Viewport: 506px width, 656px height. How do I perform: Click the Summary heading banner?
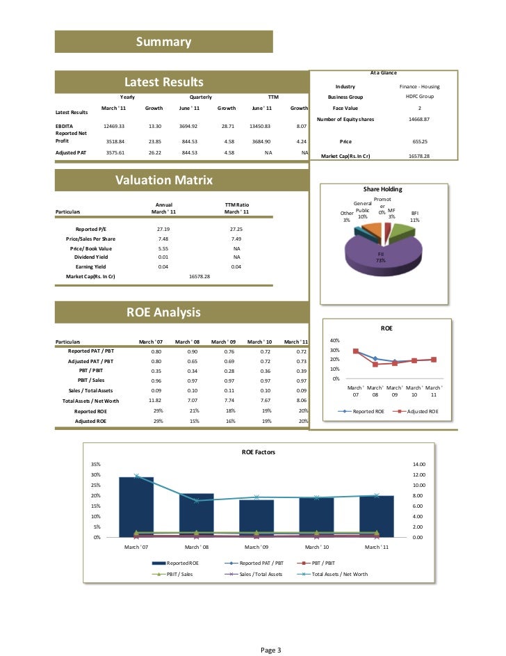tap(163, 42)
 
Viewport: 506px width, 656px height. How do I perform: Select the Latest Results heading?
tap(163, 83)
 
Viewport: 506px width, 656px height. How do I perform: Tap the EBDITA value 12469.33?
tap(113, 126)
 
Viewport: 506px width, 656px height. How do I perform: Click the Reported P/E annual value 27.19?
tap(163, 228)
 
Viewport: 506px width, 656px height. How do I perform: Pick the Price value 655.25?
tap(419, 141)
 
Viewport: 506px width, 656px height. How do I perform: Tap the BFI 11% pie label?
tap(415, 216)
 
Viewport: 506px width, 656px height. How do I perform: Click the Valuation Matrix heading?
tap(163, 181)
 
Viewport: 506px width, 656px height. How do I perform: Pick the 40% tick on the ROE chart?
tap(334, 340)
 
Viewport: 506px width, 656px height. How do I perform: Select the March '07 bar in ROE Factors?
tap(136, 507)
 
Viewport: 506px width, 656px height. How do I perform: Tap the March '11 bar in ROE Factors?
tap(377, 516)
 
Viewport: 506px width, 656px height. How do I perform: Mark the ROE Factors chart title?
tap(258, 452)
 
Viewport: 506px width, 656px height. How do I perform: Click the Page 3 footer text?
tap(270, 650)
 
